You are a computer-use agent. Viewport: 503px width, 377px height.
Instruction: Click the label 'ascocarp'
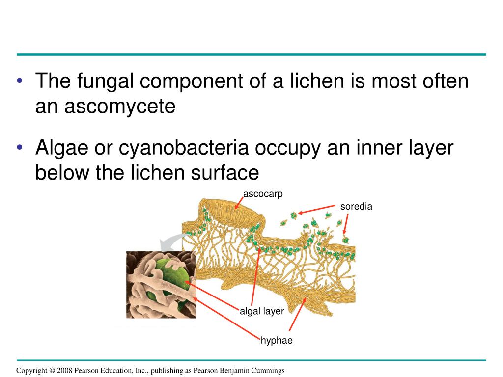[x=263, y=194]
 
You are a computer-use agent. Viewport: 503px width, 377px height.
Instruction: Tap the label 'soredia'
[x=356, y=207]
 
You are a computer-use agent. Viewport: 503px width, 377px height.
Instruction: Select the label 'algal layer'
[x=262, y=311]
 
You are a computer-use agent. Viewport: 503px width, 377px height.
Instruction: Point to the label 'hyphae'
[x=277, y=340]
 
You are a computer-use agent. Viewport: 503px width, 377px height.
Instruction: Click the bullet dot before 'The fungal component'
[x=20, y=81]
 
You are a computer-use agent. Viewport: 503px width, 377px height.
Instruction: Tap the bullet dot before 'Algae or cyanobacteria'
[x=20, y=149]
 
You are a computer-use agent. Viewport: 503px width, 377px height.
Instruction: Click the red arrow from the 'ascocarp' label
[x=239, y=202]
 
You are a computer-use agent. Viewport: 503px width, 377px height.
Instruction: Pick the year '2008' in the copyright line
[x=64, y=371]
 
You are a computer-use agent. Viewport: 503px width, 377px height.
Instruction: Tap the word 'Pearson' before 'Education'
[x=88, y=371]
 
